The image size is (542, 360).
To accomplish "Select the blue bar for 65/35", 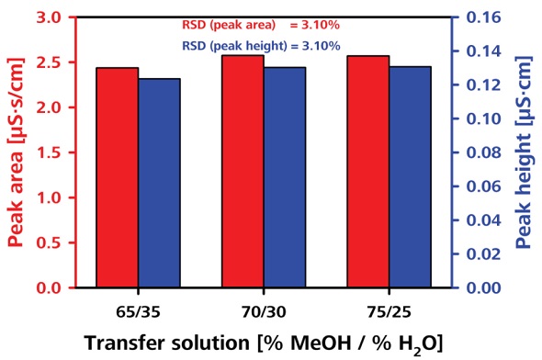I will pos(160,183).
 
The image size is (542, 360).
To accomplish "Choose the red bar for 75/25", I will pos(367,172).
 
